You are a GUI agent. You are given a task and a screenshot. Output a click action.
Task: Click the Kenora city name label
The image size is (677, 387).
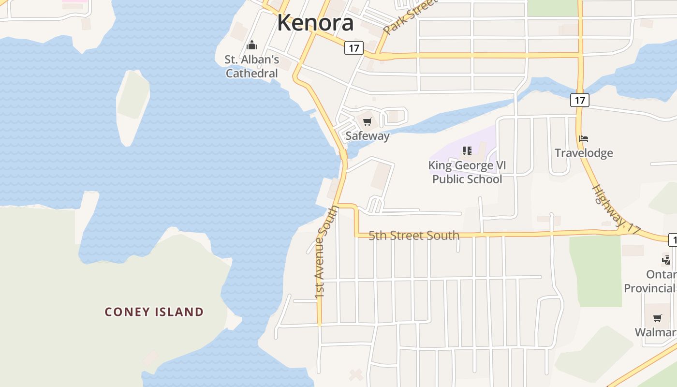(315, 23)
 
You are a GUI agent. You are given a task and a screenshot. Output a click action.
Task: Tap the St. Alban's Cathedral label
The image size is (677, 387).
(251, 66)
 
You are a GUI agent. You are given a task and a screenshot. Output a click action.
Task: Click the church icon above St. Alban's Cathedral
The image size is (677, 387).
(251, 45)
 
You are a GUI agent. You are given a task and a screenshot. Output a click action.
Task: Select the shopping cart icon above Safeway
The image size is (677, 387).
(367, 121)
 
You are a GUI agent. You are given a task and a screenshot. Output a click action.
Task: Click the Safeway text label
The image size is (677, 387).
(367, 136)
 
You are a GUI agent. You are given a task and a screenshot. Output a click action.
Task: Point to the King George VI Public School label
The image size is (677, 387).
(467, 172)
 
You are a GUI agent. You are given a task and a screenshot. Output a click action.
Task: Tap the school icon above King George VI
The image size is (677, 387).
(467, 151)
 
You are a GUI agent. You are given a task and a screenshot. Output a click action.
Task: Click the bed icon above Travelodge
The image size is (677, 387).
(584, 139)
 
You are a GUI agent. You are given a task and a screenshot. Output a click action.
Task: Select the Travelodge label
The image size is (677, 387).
(584, 153)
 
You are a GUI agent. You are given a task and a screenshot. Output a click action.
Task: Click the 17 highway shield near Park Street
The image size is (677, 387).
(354, 48)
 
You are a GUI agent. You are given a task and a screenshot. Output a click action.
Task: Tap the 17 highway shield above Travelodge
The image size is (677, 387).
(579, 100)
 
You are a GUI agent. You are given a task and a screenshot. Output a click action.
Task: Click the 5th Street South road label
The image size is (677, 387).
(414, 236)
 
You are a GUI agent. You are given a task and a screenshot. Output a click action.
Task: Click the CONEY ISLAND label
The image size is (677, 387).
(154, 312)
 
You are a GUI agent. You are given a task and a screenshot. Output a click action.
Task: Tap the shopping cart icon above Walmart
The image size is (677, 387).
(657, 318)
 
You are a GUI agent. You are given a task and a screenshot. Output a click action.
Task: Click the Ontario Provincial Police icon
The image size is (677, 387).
(666, 260)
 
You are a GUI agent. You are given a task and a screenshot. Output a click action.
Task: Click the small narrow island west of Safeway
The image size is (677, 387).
(132, 106)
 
